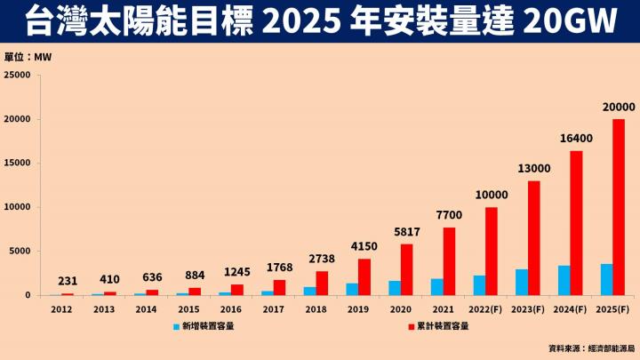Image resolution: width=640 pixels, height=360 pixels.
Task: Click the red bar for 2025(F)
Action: pos(619,207)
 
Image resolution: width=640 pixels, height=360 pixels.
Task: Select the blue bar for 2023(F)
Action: pos(522,282)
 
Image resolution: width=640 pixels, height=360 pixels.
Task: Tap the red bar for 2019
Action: pos(364,276)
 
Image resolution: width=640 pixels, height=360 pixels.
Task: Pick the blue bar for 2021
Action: pos(436,287)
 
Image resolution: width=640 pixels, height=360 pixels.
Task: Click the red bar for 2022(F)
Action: pos(492,251)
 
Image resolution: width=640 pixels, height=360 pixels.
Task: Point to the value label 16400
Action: pos(576,139)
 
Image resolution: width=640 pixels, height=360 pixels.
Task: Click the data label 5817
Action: pos(406,232)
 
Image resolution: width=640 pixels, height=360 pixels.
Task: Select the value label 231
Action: pos(68,282)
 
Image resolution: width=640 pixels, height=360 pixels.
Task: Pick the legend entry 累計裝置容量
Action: pos(441,326)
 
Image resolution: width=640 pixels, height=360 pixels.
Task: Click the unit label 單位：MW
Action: pos(29,56)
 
